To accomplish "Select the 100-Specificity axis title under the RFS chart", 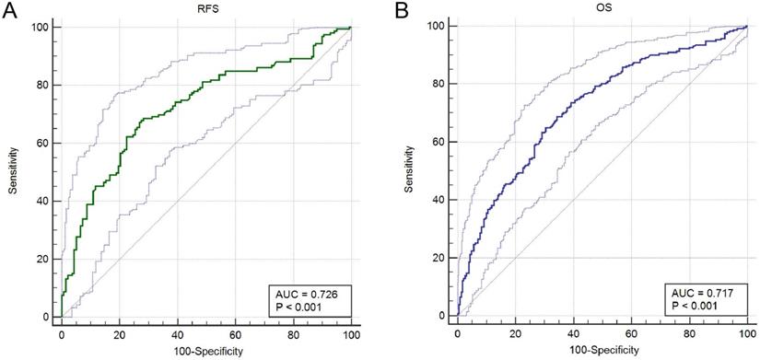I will [205, 352].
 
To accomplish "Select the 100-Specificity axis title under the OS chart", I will [602, 352].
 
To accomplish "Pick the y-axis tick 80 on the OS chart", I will [439, 85].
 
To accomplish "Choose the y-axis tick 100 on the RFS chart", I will [41, 27].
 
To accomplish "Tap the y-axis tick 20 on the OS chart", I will [439, 259].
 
